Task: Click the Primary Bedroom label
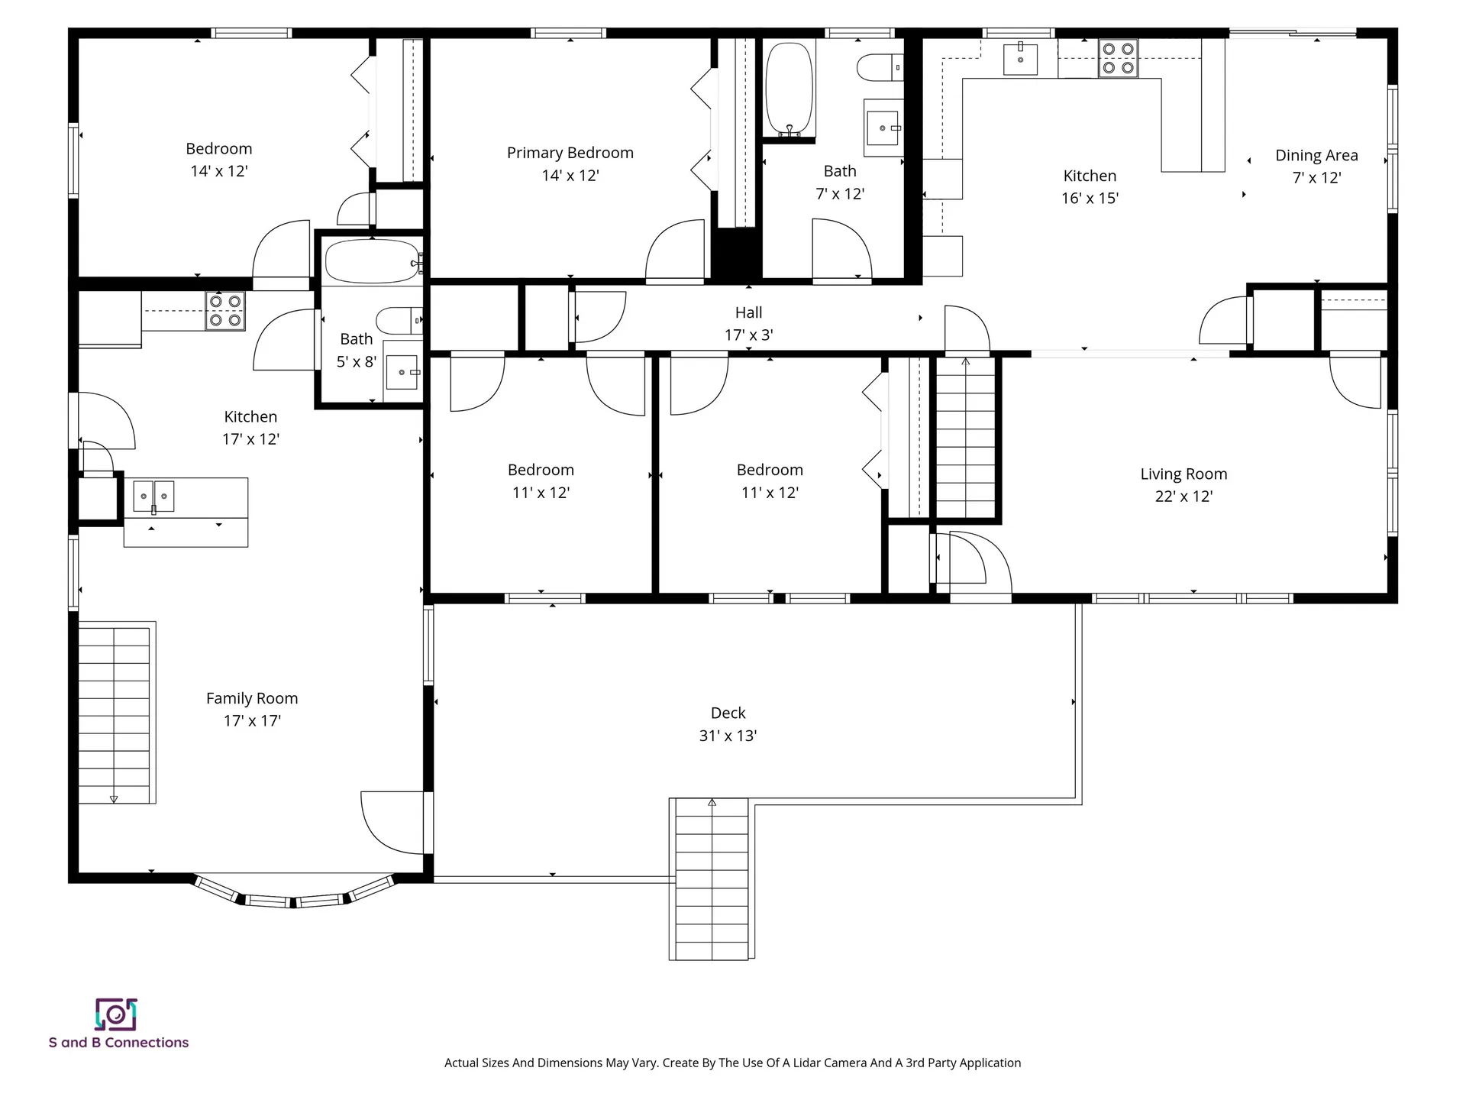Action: pyautogui.click(x=570, y=153)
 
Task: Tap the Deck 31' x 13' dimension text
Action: pyautogui.click(x=728, y=736)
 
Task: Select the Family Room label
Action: pyautogui.click(x=252, y=698)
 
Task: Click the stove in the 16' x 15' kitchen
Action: pyautogui.click(x=1118, y=59)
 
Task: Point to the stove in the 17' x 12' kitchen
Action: pyautogui.click(x=225, y=311)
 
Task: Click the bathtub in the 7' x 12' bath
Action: pyautogui.click(x=790, y=89)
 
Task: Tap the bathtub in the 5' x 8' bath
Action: pyautogui.click(x=372, y=261)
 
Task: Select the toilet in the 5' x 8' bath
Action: pyautogui.click(x=399, y=321)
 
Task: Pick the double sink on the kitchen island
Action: pyautogui.click(x=153, y=497)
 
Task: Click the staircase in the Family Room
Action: pyautogui.click(x=115, y=713)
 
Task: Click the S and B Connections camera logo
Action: pyautogui.click(x=116, y=1014)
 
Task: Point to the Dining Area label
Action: pyautogui.click(x=1316, y=156)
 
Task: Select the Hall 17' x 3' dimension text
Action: pyautogui.click(x=748, y=335)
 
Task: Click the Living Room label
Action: pyautogui.click(x=1183, y=474)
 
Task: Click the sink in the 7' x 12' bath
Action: pyautogui.click(x=883, y=128)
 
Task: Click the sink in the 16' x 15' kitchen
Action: pyautogui.click(x=1020, y=58)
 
